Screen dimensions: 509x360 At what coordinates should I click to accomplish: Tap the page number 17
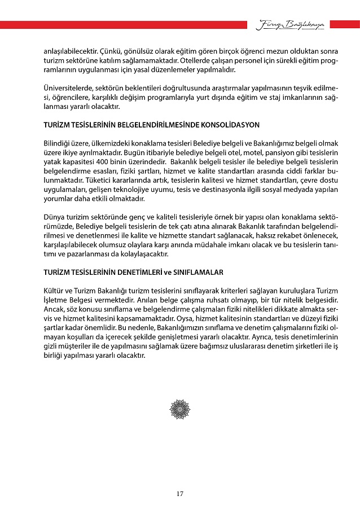[179, 494]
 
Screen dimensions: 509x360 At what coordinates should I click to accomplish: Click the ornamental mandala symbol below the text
[180, 407]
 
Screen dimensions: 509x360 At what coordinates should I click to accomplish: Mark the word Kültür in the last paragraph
[54, 290]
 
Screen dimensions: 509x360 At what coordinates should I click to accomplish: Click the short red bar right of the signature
[344, 24]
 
